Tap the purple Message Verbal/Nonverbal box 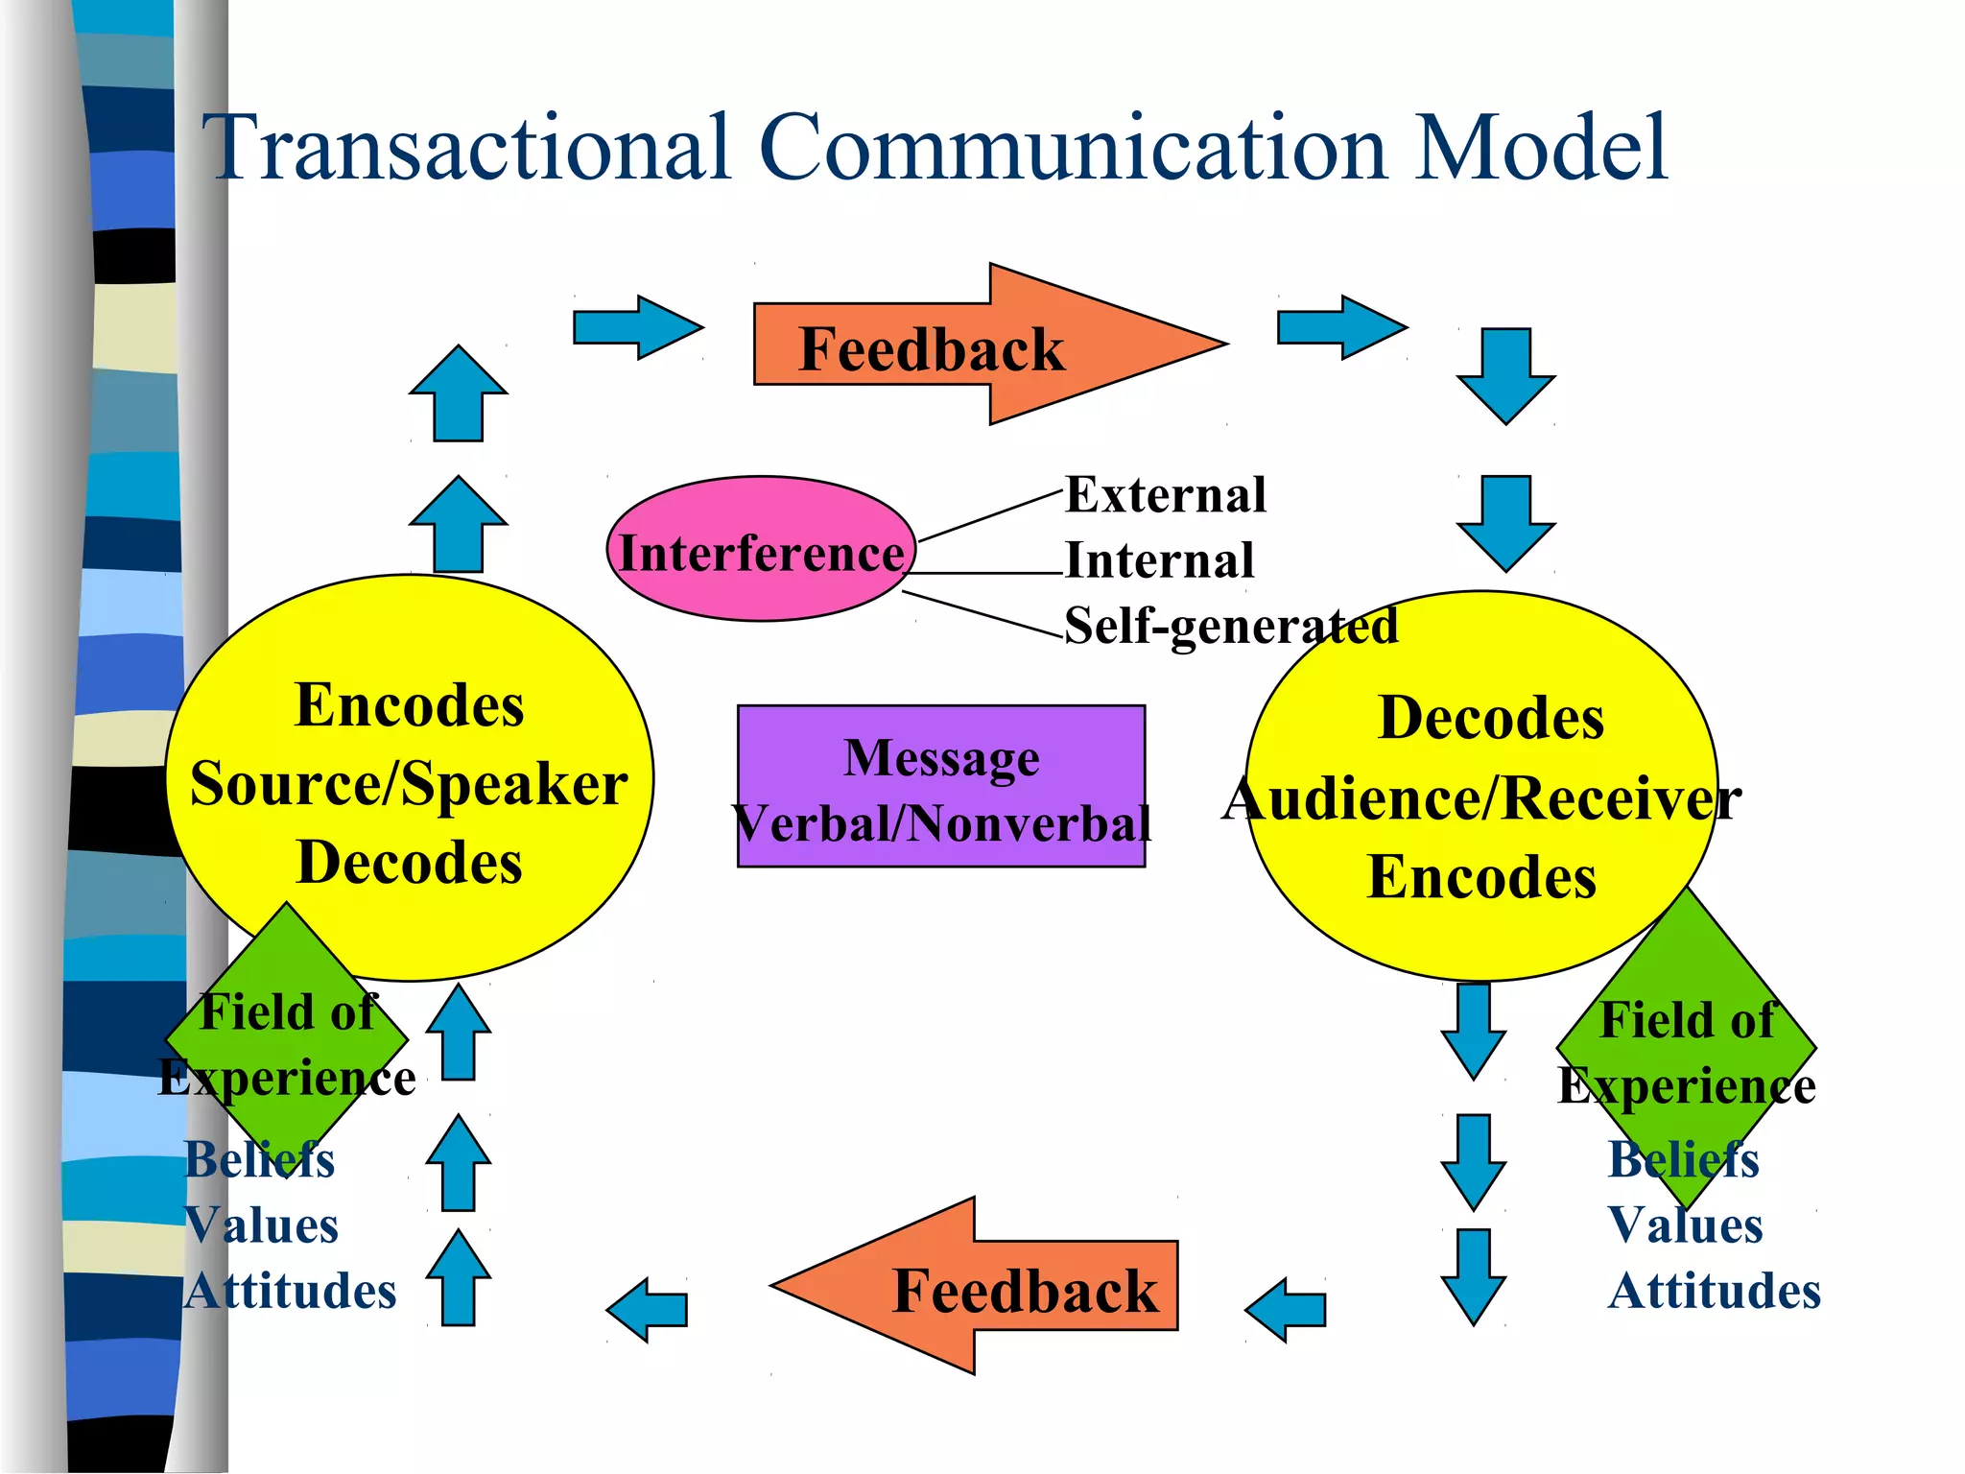940,787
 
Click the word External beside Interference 1165,496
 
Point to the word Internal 1159,561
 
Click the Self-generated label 1230,627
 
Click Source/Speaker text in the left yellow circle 409,785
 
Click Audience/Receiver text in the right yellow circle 1481,798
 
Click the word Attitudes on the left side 290,1291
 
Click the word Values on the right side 1685,1225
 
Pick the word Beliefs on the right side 1683,1160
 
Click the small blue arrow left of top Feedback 637,327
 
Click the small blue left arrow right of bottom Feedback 1286,1309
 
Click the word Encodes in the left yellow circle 409,706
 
